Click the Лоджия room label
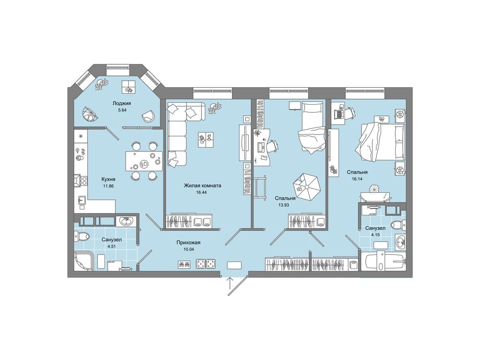[x=121, y=104]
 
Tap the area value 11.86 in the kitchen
[x=108, y=186]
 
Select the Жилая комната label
[x=202, y=186]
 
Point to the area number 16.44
[x=202, y=193]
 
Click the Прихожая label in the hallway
[x=188, y=242]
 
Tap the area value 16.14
[x=357, y=179]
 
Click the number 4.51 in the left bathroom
[x=112, y=247]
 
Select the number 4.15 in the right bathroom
[x=375, y=235]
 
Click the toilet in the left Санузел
[x=82, y=236]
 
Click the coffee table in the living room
[x=206, y=140]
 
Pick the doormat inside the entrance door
[x=234, y=265]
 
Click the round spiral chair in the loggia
[x=90, y=114]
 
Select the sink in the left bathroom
[x=126, y=221]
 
